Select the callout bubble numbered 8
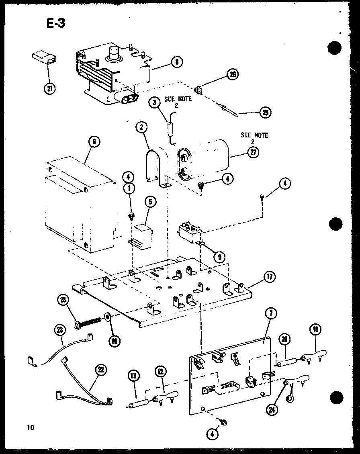(x=177, y=61)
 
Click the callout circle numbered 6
(x=93, y=141)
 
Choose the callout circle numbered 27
(x=253, y=152)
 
